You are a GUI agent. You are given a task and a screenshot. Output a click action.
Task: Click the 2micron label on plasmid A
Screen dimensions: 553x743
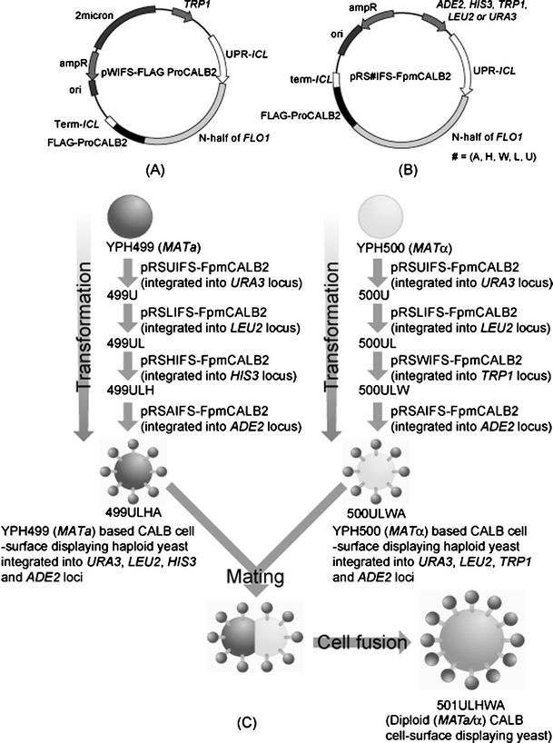point(94,15)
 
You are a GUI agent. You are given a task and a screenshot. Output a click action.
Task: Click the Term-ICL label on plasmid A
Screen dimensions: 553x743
point(77,124)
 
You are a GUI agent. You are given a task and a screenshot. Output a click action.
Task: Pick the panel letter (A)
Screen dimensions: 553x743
point(155,170)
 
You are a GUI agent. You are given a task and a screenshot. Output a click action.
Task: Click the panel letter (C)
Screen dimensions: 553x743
point(246,722)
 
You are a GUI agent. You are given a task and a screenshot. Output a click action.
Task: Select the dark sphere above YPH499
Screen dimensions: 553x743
point(131,216)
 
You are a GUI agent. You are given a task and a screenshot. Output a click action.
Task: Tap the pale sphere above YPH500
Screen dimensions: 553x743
point(380,216)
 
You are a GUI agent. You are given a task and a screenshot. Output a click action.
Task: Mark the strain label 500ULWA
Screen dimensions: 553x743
point(377,513)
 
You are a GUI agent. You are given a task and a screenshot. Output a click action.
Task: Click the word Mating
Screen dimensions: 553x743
point(255,576)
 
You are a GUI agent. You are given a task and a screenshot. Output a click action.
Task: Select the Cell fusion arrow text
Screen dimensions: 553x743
point(361,642)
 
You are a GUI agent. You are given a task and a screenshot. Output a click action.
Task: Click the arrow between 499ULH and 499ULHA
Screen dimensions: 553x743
point(128,416)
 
